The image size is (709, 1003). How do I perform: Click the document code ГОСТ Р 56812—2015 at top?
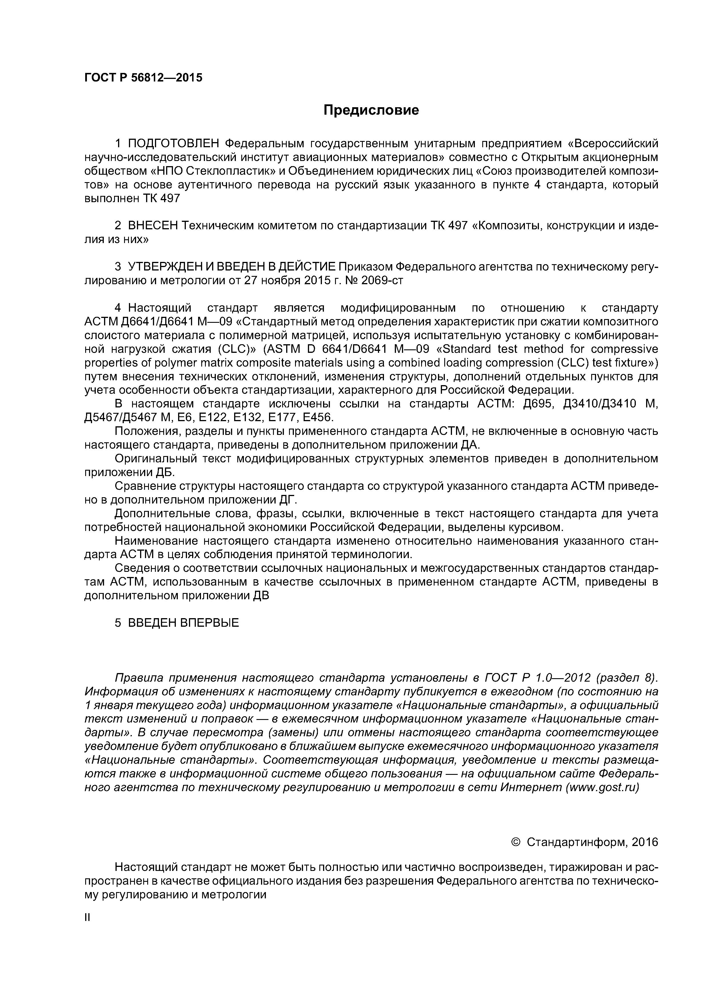point(143,78)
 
